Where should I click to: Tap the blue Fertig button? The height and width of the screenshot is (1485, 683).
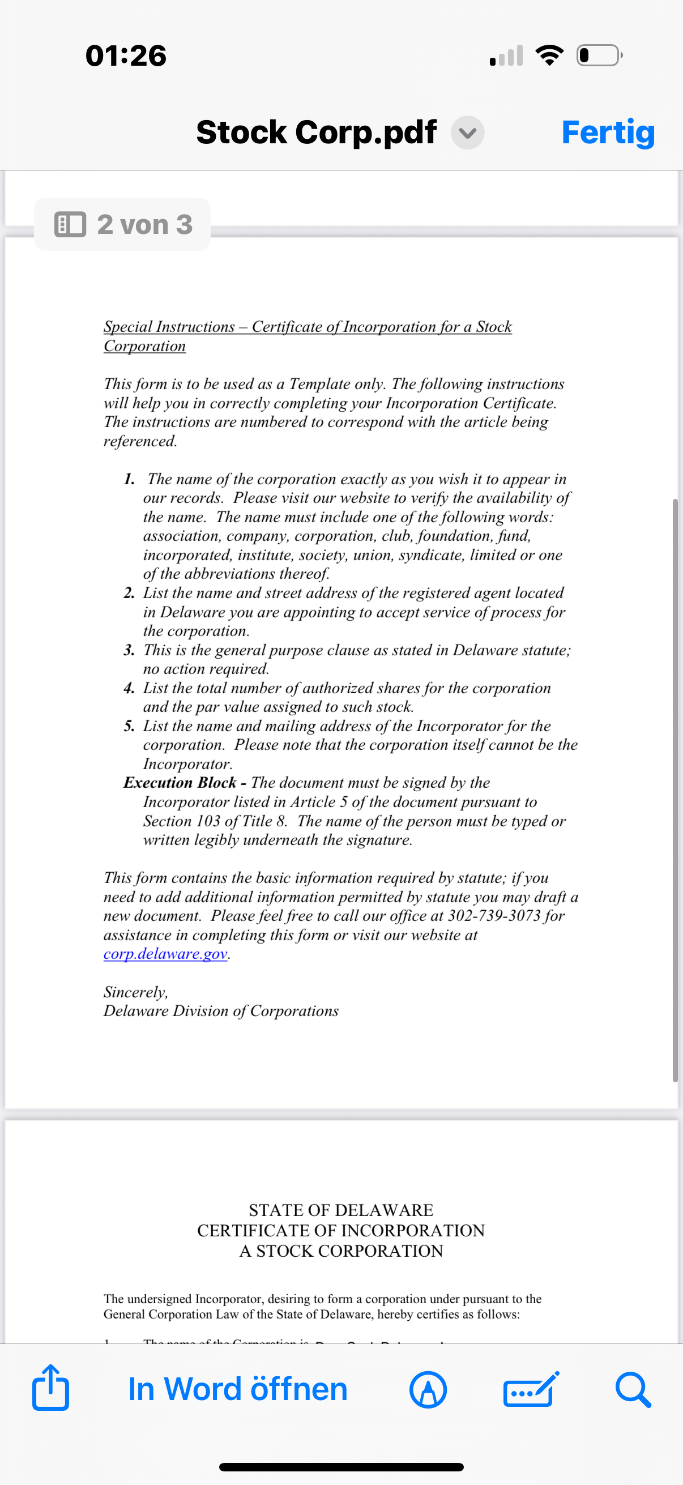point(608,133)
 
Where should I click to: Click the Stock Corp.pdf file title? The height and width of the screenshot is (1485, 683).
point(316,133)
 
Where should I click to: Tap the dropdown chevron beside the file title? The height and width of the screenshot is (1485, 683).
point(467,133)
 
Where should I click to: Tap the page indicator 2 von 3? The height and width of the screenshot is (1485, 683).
point(123,224)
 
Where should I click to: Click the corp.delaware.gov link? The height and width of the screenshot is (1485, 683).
point(165,954)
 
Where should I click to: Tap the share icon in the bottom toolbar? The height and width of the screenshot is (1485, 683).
point(51,1389)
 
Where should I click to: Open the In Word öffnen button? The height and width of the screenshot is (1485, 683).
point(237,1389)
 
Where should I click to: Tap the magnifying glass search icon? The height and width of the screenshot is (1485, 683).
point(633,1389)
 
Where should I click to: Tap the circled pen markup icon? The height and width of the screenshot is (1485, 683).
point(428,1389)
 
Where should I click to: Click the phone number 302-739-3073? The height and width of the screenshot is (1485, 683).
point(494,915)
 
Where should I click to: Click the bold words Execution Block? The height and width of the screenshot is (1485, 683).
point(180,782)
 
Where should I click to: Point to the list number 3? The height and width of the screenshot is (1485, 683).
point(129,650)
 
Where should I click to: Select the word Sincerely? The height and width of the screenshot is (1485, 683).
point(135,992)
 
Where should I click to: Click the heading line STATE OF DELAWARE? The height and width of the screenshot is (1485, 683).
point(341,1209)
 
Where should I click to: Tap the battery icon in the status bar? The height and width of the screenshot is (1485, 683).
point(599,56)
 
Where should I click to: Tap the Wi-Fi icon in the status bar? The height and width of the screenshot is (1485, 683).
point(549,56)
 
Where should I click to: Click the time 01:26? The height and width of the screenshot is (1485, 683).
point(126,56)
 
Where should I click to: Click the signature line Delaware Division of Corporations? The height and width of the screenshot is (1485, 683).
point(221,1011)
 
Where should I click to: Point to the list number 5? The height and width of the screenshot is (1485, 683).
point(129,726)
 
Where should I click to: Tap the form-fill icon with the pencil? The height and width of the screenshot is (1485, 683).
point(530,1389)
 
